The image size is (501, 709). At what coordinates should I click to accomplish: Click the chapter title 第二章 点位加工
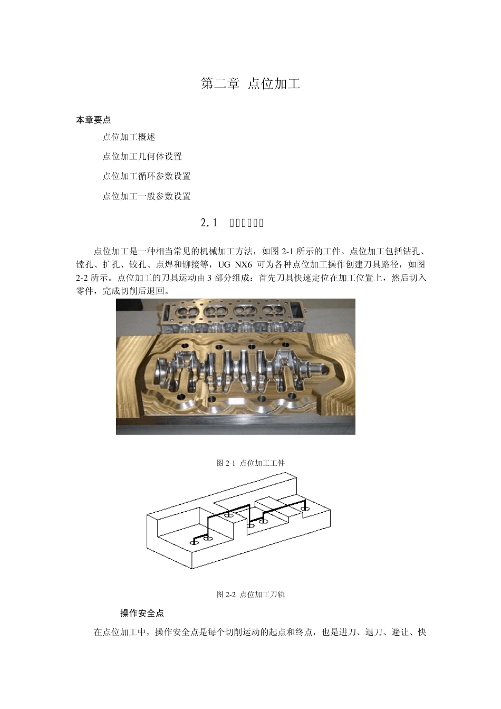[250, 84]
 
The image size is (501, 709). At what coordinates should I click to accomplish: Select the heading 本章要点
[93, 120]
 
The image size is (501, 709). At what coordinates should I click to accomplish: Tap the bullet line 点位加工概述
[129, 137]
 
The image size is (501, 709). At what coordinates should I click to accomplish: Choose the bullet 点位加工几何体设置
[142, 157]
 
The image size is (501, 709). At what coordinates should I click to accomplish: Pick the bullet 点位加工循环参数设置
[146, 176]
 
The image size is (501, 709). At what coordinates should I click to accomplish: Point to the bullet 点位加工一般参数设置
[146, 196]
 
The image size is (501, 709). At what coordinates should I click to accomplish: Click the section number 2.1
[209, 223]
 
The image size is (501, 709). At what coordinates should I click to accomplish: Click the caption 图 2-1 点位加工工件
[250, 463]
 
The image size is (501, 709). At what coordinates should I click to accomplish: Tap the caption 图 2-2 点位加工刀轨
[250, 595]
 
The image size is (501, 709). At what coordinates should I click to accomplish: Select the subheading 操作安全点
[142, 613]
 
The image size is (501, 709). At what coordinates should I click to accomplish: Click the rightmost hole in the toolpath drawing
[304, 509]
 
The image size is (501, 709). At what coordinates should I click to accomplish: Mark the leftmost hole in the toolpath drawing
[194, 542]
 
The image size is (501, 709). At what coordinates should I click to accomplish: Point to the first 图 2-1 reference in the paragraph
[283, 252]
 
